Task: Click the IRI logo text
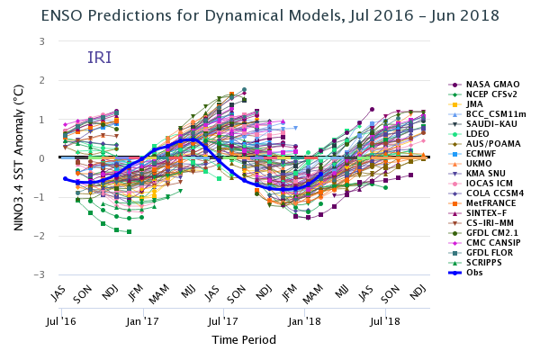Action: pyautogui.click(x=99, y=58)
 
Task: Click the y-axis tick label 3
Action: pyautogui.click(x=41, y=41)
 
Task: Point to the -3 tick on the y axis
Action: pyautogui.click(x=40, y=274)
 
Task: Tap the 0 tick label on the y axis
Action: pyautogui.click(x=41, y=158)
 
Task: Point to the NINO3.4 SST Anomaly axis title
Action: pyautogui.click(x=19, y=158)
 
